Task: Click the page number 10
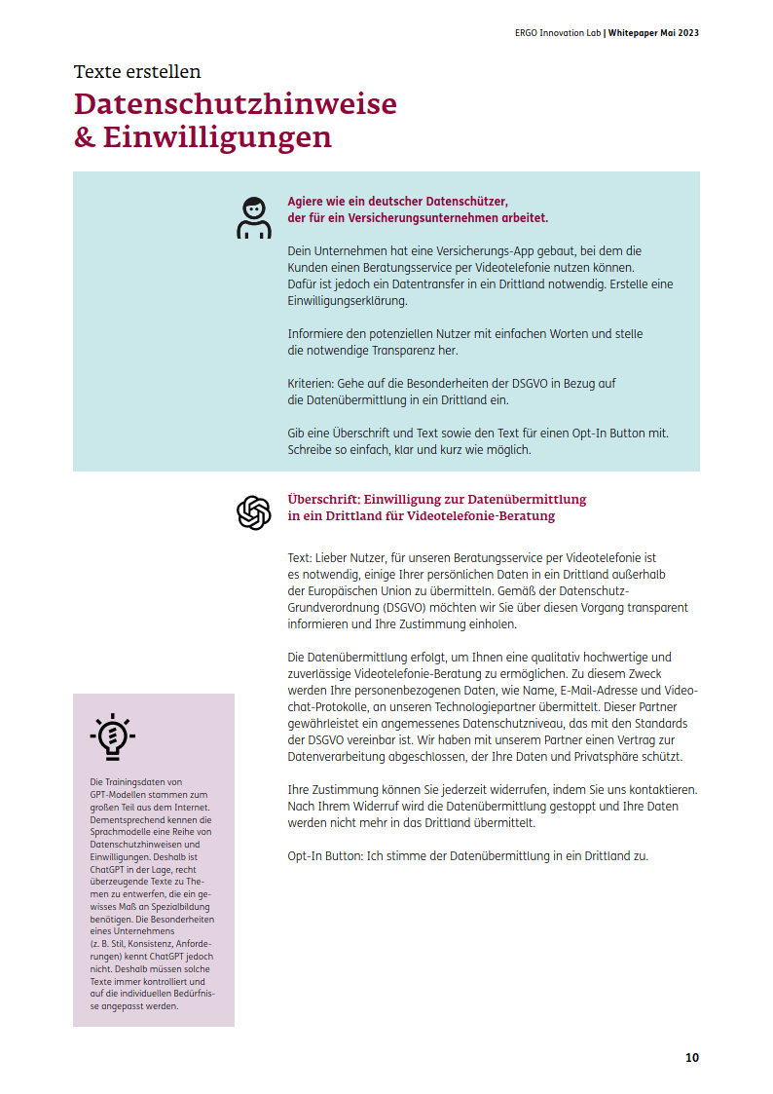point(691,1057)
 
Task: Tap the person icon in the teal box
point(254,218)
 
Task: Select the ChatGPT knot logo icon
point(254,512)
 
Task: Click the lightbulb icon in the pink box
point(112,736)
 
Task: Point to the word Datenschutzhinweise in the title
point(236,104)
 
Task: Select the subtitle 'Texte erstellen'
point(137,71)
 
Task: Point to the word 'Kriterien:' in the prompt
point(311,384)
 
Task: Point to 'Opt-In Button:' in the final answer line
point(327,856)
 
